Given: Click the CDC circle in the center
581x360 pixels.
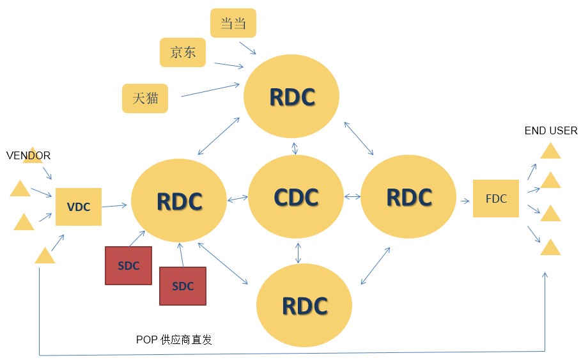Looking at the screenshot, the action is pos(296,196).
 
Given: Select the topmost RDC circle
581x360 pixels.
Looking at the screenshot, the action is pos(291,97).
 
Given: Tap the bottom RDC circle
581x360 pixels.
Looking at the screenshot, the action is pos(304,305).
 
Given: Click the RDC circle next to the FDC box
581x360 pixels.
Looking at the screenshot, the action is pos(408,196).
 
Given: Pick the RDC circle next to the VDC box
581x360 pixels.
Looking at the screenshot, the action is pos(179,201).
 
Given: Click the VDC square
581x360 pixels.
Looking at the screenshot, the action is pos(79,207).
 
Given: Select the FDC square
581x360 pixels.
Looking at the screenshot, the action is pos(496,198).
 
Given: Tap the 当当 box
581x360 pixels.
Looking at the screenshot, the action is pos(233,23).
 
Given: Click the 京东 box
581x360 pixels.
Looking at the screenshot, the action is pos(183,52).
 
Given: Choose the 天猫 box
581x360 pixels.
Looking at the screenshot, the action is pos(145,98).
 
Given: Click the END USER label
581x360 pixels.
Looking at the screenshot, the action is pos(550,130).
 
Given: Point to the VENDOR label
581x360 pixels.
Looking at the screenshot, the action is pos(28,155).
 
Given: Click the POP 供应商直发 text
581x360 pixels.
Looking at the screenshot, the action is pos(174,340).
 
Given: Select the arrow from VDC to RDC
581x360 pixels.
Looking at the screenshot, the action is pos(114,205).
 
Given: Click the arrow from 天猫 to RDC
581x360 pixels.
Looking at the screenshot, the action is pos(210,90).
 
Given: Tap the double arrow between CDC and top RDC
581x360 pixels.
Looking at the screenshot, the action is pos(295,148).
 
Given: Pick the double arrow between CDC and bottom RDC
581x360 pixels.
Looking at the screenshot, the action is pos(298,253).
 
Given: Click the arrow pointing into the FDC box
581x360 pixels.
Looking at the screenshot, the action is pos(465,201).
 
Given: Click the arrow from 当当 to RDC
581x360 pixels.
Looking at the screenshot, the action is pos(247,48).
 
